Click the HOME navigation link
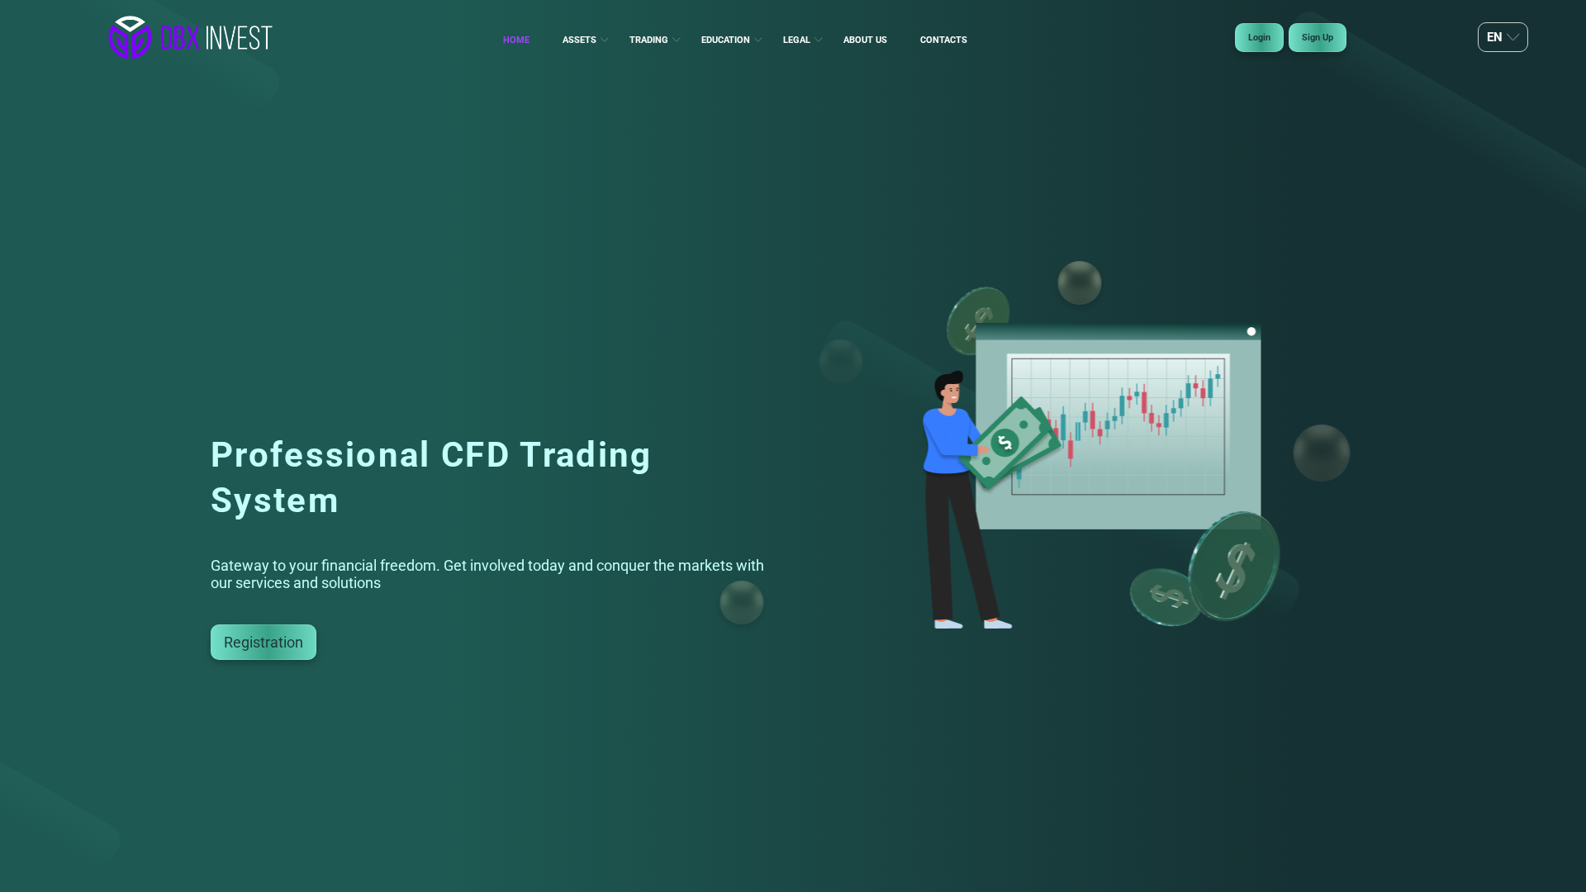pyautogui.click(x=515, y=40)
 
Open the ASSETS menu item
pyautogui.click(x=579, y=40)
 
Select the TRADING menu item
pyautogui.click(x=648, y=40)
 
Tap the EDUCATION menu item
pyautogui.click(x=725, y=40)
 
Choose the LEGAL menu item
pyautogui.click(x=796, y=40)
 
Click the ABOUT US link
pyautogui.click(x=865, y=40)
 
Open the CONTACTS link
pyautogui.click(x=943, y=40)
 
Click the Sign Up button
pyautogui.click(x=1317, y=37)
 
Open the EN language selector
pyautogui.click(x=1502, y=37)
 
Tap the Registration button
pyautogui.click(x=263, y=642)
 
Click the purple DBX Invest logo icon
pyautogui.click(x=130, y=38)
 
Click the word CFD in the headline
pyautogui.click(x=475, y=455)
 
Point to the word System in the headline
pyautogui.click(x=274, y=501)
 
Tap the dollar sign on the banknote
pyautogui.click(x=1004, y=444)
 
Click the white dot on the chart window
pyautogui.click(x=1251, y=331)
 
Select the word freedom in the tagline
pyautogui.click(x=408, y=566)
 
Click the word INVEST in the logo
pyautogui.click(x=239, y=38)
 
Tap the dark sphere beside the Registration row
pyautogui.click(x=742, y=602)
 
